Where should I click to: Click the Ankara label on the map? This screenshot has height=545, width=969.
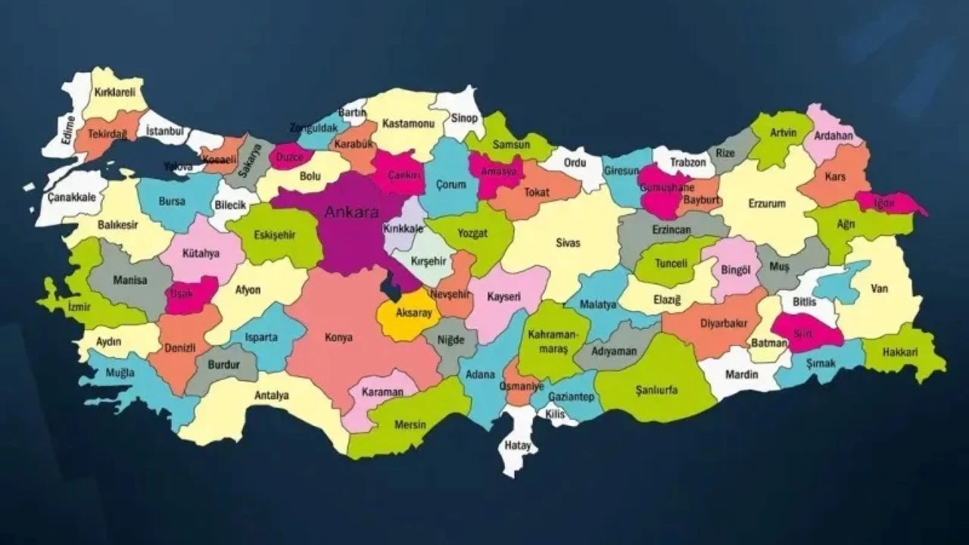(351, 213)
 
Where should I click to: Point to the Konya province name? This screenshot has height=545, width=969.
(338, 338)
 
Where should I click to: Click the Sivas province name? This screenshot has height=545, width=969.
(568, 243)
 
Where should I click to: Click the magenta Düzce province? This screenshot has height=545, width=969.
(291, 157)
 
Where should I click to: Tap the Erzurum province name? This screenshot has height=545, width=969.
(767, 204)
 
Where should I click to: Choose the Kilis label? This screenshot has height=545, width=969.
(555, 415)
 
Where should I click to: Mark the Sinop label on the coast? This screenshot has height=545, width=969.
(464, 118)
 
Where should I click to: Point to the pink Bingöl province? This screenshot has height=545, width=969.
(734, 269)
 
